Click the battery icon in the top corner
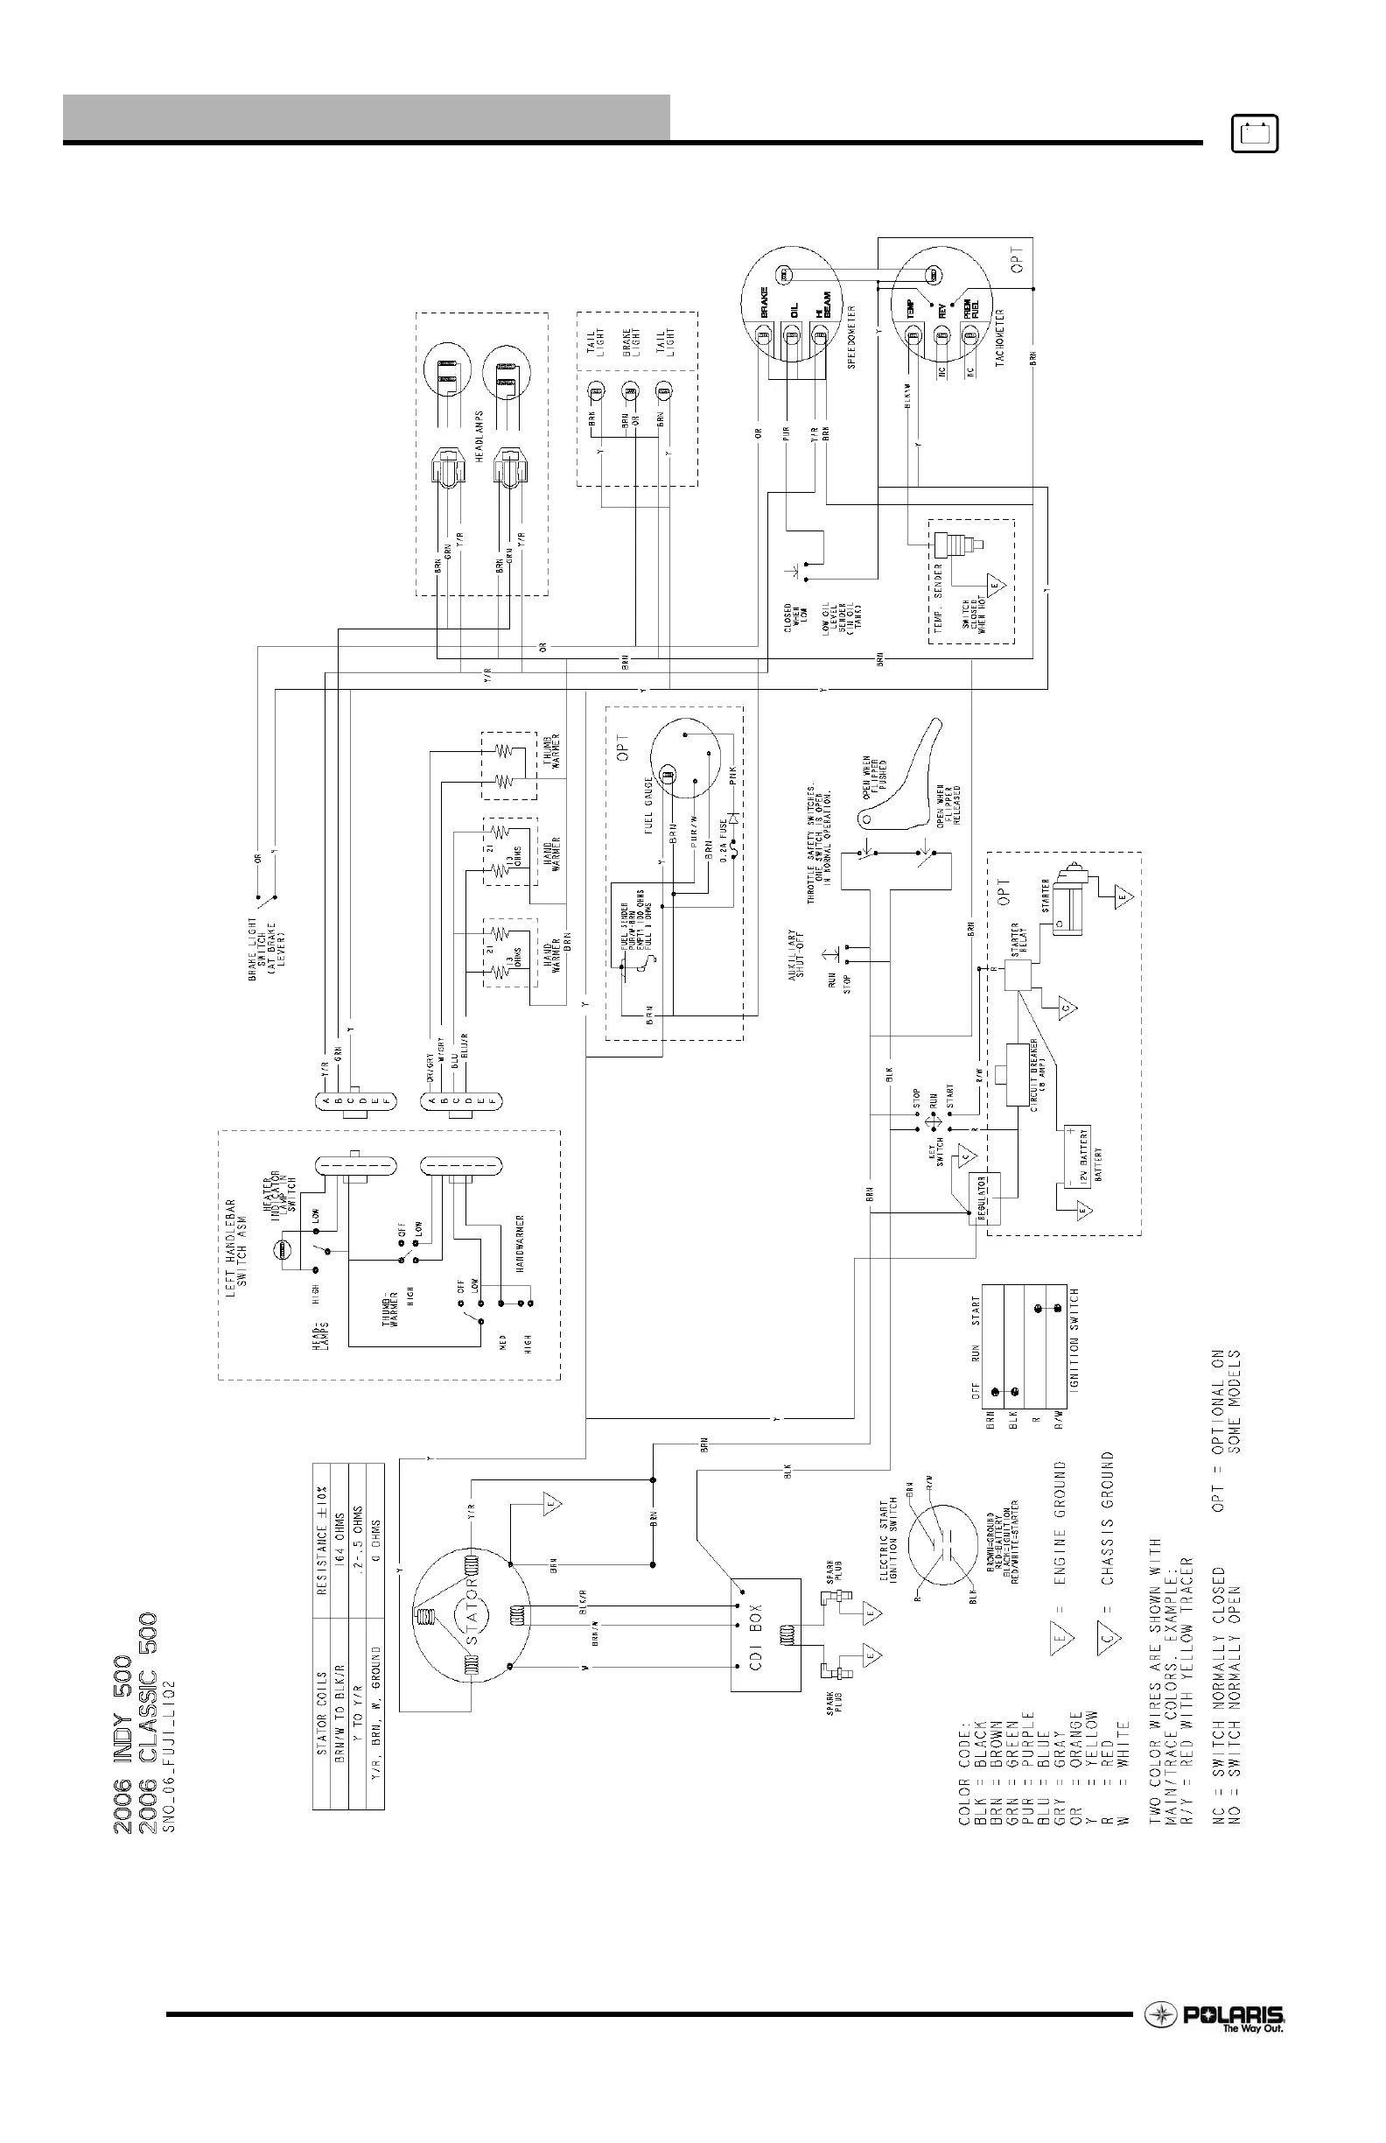(1255, 135)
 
